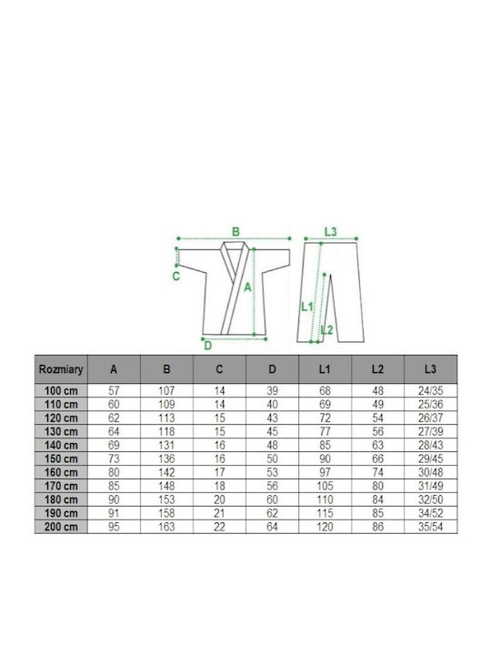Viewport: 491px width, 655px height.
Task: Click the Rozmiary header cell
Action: (61, 369)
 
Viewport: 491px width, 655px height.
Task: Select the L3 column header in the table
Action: (430, 369)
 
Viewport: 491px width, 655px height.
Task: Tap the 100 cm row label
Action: (61, 391)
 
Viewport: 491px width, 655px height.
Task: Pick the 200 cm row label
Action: (61, 527)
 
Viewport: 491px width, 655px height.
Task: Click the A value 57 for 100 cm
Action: (114, 391)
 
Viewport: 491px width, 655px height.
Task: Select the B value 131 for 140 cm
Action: (166, 445)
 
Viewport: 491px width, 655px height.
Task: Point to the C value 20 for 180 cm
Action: (219, 499)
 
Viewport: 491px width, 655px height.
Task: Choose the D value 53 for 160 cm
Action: (272, 472)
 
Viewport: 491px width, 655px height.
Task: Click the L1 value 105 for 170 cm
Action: (325, 486)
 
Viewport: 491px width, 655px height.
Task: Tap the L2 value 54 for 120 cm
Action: (378, 418)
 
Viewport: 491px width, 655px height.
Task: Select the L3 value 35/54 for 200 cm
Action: (430, 527)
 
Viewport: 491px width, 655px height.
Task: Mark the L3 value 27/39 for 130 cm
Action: (430, 431)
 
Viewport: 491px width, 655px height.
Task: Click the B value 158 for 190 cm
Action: (166, 513)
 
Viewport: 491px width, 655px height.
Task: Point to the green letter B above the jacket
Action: (235, 232)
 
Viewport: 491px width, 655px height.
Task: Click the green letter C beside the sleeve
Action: (176, 277)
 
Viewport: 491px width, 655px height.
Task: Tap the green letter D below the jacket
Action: (208, 346)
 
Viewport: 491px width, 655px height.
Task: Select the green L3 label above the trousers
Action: (330, 231)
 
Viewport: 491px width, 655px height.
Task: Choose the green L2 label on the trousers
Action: (327, 330)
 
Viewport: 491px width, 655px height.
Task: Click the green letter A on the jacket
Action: (247, 287)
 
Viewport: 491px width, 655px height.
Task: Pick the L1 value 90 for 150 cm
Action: (325, 458)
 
